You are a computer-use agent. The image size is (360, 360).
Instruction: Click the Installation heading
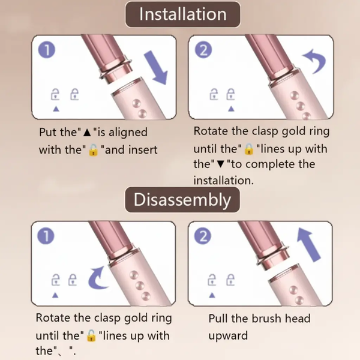pos(182,14)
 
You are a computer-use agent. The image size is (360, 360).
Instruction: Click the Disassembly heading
pos(182,200)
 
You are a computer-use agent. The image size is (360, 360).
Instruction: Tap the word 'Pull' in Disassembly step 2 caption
pos(220,319)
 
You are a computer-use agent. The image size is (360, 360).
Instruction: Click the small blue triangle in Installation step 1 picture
pos(56,109)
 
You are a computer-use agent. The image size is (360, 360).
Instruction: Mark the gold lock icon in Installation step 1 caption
pos(92,150)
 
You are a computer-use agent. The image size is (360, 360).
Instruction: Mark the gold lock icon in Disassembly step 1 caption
pos(91,335)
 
